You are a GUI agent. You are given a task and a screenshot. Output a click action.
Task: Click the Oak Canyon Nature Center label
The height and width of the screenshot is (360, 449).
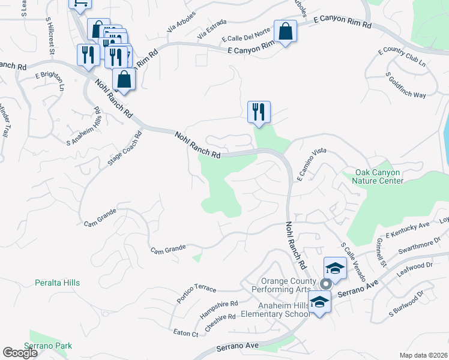(x=378, y=176)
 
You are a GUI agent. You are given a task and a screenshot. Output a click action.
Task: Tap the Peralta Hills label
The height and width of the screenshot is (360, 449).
(x=57, y=282)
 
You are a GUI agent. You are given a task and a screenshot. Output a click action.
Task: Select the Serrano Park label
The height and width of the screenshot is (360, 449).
(x=48, y=346)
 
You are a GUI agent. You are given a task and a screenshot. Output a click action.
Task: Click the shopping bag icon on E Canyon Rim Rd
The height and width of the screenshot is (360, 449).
(x=285, y=31)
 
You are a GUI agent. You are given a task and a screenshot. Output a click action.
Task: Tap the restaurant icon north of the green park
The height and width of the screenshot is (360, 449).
(x=259, y=112)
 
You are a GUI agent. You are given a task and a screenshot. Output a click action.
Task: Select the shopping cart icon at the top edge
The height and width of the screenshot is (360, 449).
(x=80, y=3)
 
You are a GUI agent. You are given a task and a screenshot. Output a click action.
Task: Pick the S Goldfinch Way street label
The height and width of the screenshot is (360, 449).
(x=406, y=86)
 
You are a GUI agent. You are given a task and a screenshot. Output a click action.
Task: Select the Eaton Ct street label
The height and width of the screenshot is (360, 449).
(x=185, y=333)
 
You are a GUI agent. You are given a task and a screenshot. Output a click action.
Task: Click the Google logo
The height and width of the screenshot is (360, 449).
(x=20, y=353)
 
